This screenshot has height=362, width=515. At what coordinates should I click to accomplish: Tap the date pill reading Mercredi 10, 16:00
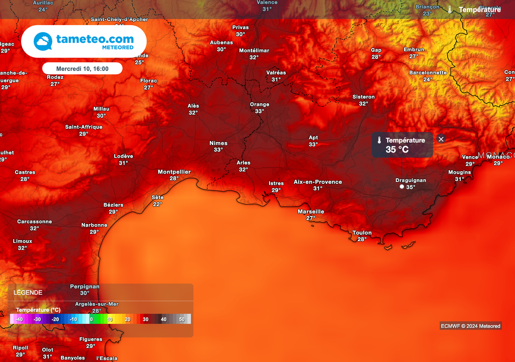point(82,68)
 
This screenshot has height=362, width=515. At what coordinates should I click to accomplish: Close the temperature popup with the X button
point(441,139)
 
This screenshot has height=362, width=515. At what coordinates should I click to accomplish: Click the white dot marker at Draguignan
point(401,187)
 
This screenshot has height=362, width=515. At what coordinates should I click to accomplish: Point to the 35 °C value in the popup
point(397,150)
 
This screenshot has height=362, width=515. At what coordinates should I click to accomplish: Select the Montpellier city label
point(174,172)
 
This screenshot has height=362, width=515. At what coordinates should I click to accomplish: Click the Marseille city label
point(311,211)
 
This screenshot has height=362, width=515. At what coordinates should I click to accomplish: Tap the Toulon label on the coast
point(362,233)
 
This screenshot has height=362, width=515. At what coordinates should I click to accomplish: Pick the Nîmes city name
point(218,143)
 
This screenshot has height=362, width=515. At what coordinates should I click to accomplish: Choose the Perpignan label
point(84,286)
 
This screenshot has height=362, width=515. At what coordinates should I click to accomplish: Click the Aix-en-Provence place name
point(317,182)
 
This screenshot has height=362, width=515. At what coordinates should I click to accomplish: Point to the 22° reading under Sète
point(157,204)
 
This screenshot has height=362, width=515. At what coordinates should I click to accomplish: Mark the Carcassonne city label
point(34,222)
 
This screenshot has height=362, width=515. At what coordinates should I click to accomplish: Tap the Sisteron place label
point(363,97)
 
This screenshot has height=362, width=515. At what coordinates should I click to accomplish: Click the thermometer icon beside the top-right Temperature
point(450,10)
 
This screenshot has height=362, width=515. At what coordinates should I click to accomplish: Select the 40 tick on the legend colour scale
point(163,319)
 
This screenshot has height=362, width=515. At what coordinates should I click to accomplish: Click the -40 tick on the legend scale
point(19,319)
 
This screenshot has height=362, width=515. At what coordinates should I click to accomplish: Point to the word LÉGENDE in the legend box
point(28,293)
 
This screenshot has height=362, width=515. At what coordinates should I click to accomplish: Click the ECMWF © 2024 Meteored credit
point(470,326)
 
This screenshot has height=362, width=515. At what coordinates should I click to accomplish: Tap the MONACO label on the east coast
point(496,155)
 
